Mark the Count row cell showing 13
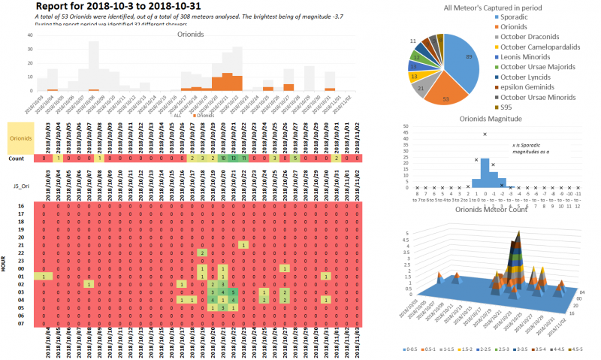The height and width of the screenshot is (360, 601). point(234,159)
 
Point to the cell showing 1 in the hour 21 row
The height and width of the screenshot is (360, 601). point(243,245)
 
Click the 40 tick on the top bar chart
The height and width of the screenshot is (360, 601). point(29,35)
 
